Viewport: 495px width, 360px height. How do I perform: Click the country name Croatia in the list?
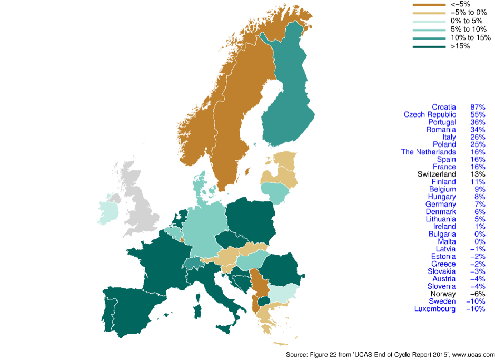(x=443, y=107)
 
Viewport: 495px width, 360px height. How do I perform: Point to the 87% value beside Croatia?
(x=477, y=107)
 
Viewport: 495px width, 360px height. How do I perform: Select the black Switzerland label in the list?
(x=436, y=174)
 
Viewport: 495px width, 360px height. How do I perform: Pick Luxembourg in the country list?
(x=435, y=308)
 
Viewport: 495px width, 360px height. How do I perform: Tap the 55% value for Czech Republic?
(x=477, y=114)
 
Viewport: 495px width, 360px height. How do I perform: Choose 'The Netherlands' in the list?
(x=428, y=152)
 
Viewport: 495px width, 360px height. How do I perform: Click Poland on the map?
(x=250, y=219)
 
